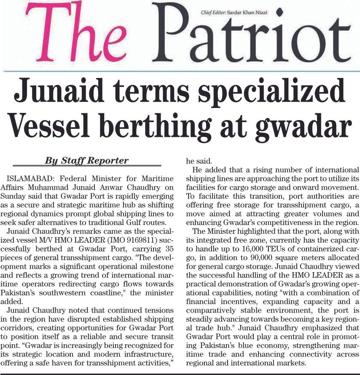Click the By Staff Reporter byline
[x=86, y=161]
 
